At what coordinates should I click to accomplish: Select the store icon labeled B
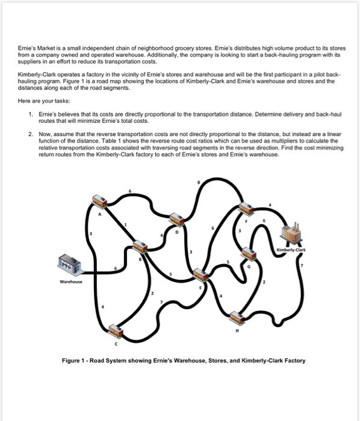pyautogui.click(x=140, y=245)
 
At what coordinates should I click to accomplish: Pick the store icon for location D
pyautogui.click(x=176, y=220)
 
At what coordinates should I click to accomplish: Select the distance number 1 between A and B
pyautogui.click(x=125, y=224)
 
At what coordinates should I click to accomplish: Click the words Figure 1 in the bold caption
pyautogui.click(x=75, y=361)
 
